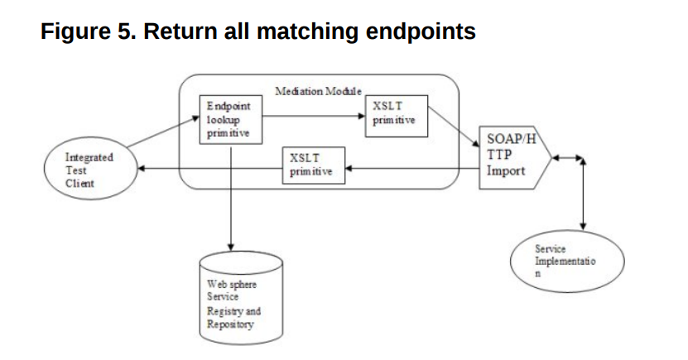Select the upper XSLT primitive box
click(396, 117)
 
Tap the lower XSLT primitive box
click(312, 165)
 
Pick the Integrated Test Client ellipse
click(90, 170)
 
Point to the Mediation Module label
click(318, 89)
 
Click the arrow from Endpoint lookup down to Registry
click(231, 199)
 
